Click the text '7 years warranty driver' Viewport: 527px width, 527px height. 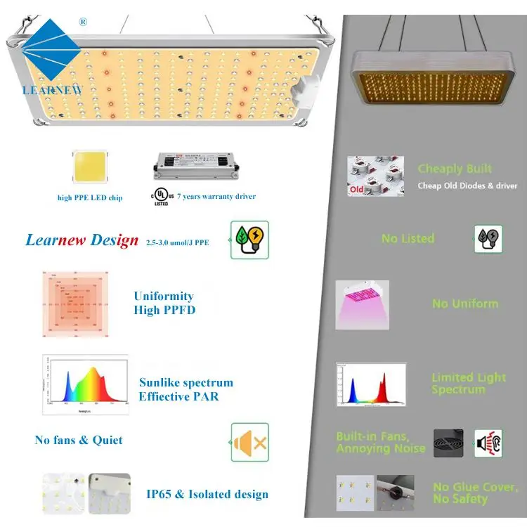[x=216, y=197]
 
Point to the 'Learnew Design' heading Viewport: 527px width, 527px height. [x=82, y=240]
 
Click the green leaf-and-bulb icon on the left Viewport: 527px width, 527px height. [x=249, y=240]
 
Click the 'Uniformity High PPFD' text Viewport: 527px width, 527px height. [x=164, y=303]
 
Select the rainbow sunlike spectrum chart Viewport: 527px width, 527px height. [x=84, y=384]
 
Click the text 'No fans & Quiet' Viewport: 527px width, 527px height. [x=79, y=440]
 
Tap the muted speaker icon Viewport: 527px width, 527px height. [x=249, y=442]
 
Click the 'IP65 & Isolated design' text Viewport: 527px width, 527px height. [x=207, y=494]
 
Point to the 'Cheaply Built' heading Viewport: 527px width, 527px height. [x=455, y=169]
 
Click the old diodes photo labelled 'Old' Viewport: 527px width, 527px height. [x=375, y=176]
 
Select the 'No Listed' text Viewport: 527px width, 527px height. [x=408, y=239]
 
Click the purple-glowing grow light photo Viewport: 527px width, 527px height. [x=362, y=305]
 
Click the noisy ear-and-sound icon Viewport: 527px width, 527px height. [x=488, y=443]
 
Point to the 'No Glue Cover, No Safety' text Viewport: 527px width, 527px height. [x=475, y=493]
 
